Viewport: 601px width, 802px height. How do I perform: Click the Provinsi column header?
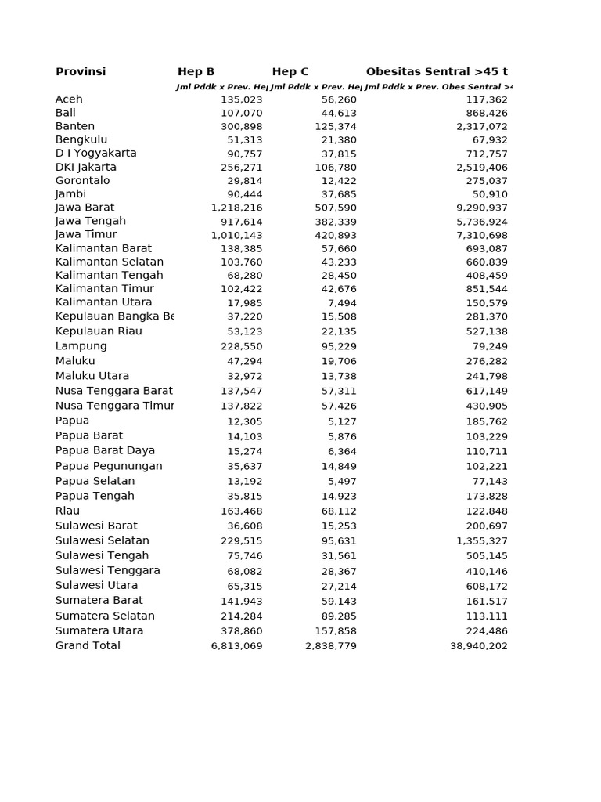click(x=81, y=72)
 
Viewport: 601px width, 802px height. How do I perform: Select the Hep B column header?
click(x=196, y=72)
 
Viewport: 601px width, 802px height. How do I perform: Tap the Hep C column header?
click(x=290, y=72)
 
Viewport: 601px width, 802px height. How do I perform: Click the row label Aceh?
click(x=69, y=99)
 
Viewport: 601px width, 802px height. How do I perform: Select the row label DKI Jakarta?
click(x=86, y=167)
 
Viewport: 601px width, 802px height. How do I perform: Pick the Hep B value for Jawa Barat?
click(x=236, y=208)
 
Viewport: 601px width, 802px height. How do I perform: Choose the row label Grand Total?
click(x=88, y=646)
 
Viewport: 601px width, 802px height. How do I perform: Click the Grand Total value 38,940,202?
click(x=479, y=647)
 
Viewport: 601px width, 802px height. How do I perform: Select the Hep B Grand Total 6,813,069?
click(x=236, y=647)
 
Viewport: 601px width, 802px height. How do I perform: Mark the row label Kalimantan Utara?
click(x=104, y=302)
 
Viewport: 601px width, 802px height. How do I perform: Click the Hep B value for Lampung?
click(x=242, y=346)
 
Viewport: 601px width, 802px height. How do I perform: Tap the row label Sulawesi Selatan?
click(x=103, y=540)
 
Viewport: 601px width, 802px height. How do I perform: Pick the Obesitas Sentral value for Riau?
click(x=487, y=511)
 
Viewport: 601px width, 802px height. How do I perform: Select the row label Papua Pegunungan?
click(x=109, y=466)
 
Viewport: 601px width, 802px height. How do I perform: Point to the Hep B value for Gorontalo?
click(x=245, y=181)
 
